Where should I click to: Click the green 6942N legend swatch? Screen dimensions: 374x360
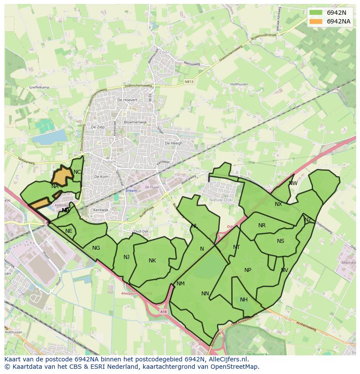coord(316,13)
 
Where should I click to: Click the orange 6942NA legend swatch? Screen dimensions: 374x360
coord(316,21)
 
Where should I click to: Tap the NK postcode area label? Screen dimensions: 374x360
coord(152,261)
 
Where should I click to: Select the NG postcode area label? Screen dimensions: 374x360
coord(96,248)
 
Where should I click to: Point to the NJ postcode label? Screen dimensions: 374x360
coord(127,257)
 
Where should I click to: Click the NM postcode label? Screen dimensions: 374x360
coord(181,284)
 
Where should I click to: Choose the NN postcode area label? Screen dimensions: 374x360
coord(205,294)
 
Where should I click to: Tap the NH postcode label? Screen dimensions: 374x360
coord(244,300)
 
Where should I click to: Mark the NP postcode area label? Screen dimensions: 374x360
coord(248,270)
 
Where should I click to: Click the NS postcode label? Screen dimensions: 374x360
coord(280,241)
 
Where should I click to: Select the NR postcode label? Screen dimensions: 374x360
coord(262,225)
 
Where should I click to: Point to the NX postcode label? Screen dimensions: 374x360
coord(278,204)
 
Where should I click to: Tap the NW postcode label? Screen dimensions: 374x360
coord(293,183)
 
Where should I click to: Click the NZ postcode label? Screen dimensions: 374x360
coord(308,220)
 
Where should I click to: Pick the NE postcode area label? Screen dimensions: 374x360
coord(69,231)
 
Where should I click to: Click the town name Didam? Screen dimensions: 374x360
coord(108,162)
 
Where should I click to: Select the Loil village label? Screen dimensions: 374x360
coord(163,52)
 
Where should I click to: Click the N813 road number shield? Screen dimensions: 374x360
coord(189,81)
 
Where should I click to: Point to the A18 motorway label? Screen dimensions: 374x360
coord(163,311)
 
